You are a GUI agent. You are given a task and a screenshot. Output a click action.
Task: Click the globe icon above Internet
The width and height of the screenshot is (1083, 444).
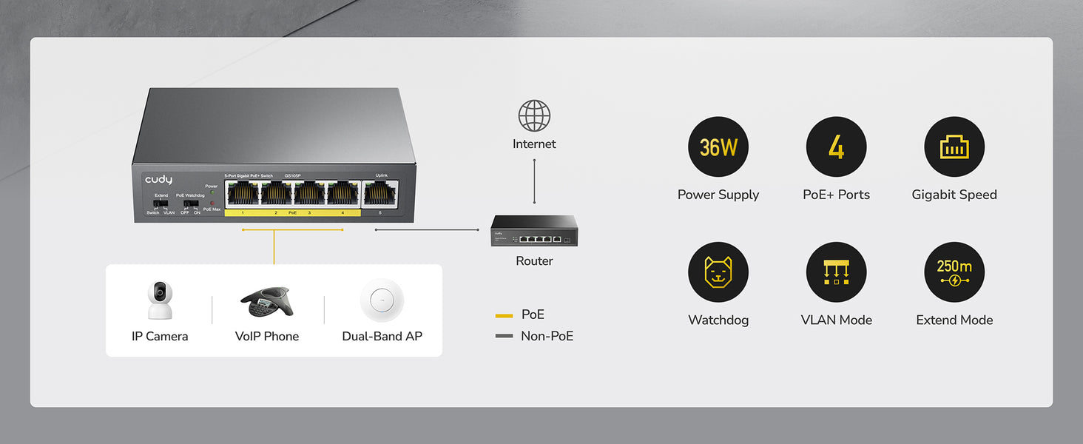[x=534, y=116]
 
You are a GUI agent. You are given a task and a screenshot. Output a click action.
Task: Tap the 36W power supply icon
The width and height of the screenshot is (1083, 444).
[x=718, y=147]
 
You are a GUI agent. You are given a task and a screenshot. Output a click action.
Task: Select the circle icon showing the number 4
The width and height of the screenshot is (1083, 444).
[x=836, y=147]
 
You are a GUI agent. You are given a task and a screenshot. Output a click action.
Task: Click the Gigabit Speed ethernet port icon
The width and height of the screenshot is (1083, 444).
[x=954, y=147]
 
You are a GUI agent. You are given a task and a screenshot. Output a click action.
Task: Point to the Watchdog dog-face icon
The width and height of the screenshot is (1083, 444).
[x=718, y=272]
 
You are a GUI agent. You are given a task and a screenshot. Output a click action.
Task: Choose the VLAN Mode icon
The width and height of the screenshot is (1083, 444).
[x=836, y=272]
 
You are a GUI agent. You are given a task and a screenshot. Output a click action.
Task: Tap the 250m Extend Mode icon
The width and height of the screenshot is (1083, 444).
[x=954, y=272]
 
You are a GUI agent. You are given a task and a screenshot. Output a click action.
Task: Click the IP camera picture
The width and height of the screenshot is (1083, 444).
[x=160, y=300]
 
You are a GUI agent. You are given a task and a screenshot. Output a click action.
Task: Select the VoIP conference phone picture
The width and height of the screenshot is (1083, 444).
[x=266, y=301]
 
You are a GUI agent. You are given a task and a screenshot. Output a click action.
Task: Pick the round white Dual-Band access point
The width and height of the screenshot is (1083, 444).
[x=382, y=300]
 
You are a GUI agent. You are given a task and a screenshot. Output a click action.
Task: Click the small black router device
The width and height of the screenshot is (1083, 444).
[x=534, y=231]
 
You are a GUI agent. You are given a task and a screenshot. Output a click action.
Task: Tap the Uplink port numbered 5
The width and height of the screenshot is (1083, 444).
[x=380, y=193]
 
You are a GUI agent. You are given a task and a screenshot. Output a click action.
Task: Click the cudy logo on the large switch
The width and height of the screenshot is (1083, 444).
[x=158, y=180]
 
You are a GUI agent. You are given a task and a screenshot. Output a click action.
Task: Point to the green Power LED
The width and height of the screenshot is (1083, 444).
[x=212, y=192]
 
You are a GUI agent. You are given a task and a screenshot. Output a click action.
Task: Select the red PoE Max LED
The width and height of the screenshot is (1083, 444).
[x=212, y=203]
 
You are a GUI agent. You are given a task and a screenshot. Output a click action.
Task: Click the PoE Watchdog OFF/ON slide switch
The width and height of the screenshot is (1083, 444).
[x=191, y=203]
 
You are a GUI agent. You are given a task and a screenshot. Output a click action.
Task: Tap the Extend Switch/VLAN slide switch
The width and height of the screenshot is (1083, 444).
[x=161, y=203]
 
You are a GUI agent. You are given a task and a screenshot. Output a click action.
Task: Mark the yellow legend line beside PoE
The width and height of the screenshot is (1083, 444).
[x=504, y=316]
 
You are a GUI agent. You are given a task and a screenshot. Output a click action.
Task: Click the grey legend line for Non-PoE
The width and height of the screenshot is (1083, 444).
[x=504, y=337]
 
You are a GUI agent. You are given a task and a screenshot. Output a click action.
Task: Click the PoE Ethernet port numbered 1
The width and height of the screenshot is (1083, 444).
[x=242, y=193]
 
